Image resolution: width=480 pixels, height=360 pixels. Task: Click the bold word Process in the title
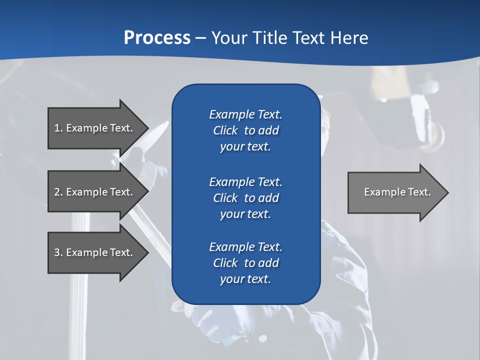click(157, 37)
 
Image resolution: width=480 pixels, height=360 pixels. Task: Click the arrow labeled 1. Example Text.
click(95, 128)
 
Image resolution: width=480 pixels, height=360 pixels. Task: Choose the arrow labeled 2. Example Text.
click(95, 192)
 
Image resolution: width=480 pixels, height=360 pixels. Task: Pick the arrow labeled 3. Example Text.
click(95, 252)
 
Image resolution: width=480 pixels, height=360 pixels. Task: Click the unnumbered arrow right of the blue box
click(395, 192)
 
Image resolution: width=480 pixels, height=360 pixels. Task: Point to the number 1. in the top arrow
click(58, 128)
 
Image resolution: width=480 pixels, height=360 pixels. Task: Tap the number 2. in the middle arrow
click(58, 192)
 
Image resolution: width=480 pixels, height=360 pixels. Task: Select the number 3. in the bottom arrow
click(58, 252)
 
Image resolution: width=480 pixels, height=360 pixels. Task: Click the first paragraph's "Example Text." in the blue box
click(245, 114)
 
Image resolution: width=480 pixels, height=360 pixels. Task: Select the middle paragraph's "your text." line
click(245, 214)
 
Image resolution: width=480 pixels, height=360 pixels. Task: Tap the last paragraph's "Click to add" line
click(245, 263)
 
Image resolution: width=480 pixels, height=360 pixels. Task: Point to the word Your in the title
click(229, 37)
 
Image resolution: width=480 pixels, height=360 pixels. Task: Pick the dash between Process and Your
click(201, 38)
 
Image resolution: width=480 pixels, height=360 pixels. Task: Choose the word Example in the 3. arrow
click(86, 252)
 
